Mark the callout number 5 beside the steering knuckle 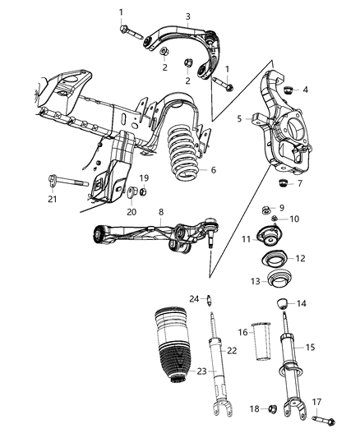(240, 118)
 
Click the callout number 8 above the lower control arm (161, 211)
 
